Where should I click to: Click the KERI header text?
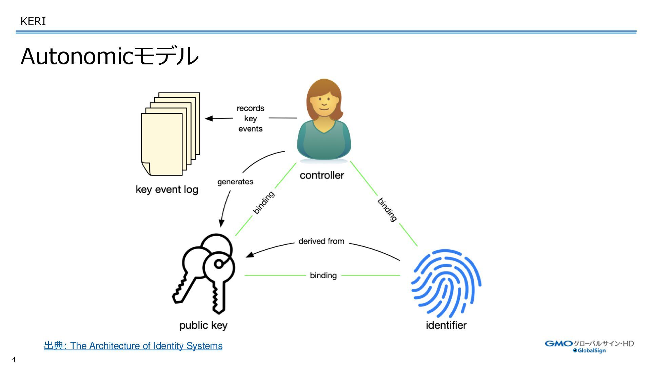33,21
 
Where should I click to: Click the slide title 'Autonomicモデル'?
109,56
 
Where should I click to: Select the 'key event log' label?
167,190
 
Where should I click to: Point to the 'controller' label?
322,175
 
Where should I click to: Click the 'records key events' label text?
250,118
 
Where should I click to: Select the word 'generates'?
235,182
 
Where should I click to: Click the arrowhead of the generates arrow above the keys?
221,223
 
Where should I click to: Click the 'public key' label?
203,326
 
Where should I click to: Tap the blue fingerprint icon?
446,283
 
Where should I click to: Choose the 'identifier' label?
446,325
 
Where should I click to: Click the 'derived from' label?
321,241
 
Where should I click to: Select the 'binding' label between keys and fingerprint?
323,276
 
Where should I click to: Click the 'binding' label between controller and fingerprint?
387,209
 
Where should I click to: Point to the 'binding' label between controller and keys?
263,203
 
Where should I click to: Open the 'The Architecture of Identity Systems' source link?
146,346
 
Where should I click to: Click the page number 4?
14,359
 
